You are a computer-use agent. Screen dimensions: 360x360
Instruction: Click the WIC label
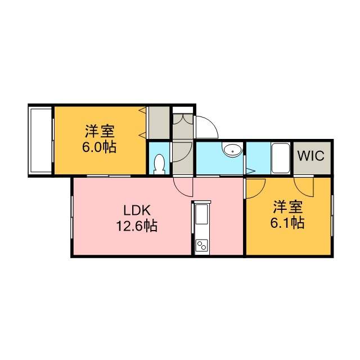pos(311,156)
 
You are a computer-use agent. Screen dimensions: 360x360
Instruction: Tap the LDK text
pos(137,210)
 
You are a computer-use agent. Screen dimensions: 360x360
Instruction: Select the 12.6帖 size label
pos(137,226)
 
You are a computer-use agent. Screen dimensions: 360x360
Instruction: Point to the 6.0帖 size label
pos(99,147)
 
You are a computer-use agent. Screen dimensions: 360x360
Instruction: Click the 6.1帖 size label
pos(287,223)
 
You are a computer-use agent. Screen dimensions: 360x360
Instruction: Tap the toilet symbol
pos(159,164)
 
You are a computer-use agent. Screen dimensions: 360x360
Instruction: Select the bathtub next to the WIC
pos(280,158)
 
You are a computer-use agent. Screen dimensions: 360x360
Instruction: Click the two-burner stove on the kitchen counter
pos(201,245)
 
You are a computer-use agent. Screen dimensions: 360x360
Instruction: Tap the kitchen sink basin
pos(201,214)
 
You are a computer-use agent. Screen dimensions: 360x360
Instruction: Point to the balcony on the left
pos(40,141)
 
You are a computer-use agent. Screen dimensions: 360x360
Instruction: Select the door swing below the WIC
pos(304,187)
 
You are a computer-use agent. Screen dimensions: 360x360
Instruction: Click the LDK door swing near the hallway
pos(183,187)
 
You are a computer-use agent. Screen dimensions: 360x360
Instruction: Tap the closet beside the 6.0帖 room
pos(159,123)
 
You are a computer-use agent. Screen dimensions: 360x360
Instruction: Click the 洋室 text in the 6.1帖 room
pos(287,208)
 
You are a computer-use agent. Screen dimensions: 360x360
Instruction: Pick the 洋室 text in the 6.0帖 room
pos(100,131)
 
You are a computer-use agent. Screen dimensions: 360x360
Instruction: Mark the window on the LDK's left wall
pos(72,217)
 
